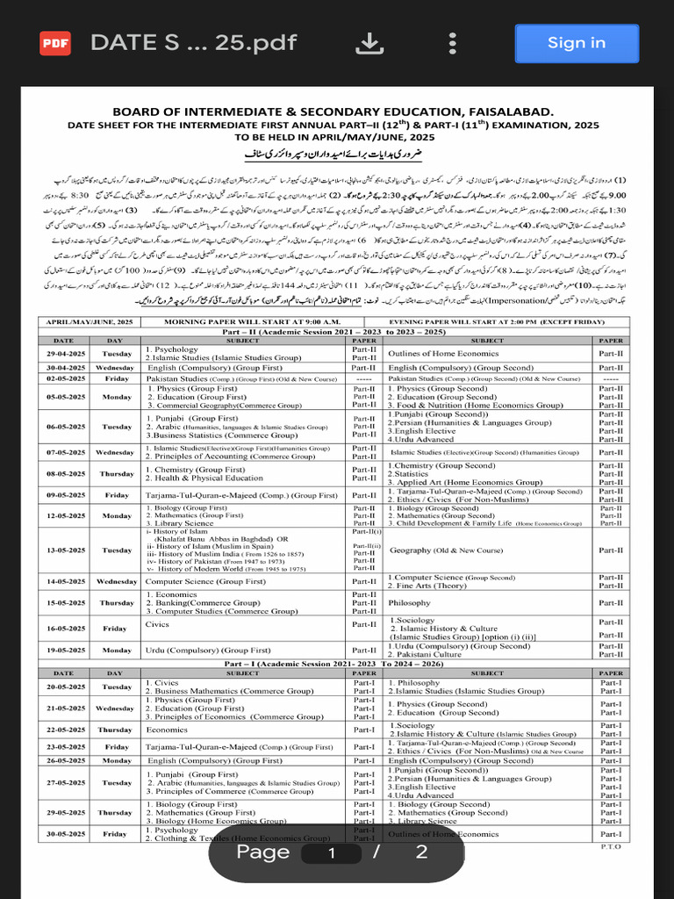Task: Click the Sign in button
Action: (x=577, y=43)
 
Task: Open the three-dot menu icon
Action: (x=452, y=43)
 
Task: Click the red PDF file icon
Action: (x=55, y=43)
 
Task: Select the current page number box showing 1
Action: (x=331, y=852)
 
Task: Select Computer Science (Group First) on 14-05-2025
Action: (x=205, y=581)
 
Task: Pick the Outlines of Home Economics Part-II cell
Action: (x=444, y=353)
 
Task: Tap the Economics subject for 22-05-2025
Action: (x=167, y=730)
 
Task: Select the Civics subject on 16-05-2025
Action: (x=157, y=624)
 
